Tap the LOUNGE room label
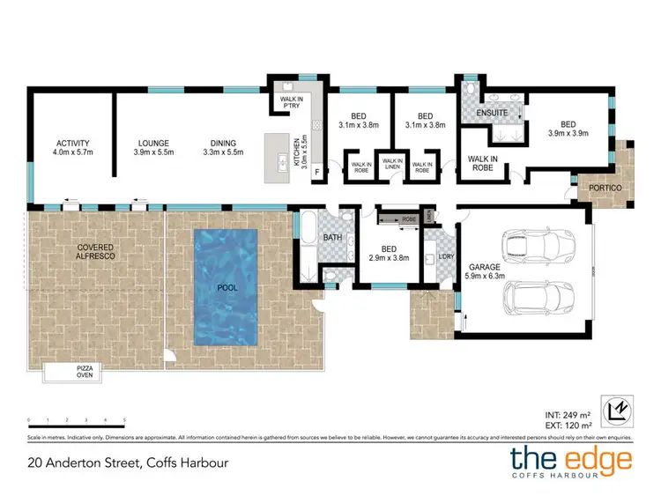153,144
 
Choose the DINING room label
223,144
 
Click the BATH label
331,238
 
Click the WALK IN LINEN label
393,164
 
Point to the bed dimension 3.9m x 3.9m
568,133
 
